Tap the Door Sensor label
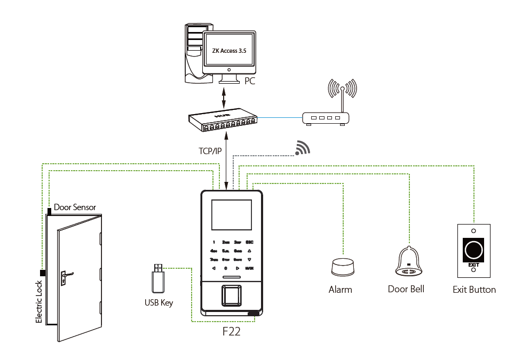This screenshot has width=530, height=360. (x=75, y=207)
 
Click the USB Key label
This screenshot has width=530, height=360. (x=159, y=302)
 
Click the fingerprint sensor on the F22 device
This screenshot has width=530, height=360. (x=231, y=294)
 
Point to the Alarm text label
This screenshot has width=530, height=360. (x=340, y=290)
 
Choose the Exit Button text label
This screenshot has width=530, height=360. (x=474, y=290)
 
